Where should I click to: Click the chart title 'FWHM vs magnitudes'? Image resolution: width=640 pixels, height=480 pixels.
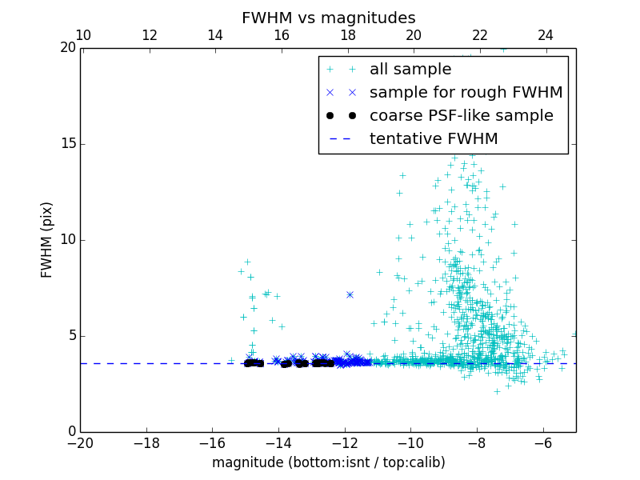pyautogui.click(x=328, y=18)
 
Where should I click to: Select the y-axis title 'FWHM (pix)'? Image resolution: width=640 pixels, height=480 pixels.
pyautogui.click(x=47, y=239)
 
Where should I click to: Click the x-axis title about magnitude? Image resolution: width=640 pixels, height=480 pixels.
pyautogui.click(x=328, y=462)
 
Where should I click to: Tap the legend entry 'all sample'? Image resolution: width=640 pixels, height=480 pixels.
pyautogui.click(x=410, y=70)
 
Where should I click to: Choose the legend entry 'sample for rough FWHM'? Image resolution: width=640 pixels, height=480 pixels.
pyautogui.click(x=466, y=93)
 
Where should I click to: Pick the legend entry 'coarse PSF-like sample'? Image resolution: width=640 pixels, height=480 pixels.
pyautogui.click(x=461, y=116)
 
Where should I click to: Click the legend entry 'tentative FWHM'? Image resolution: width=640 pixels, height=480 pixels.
pyautogui.click(x=434, y=139)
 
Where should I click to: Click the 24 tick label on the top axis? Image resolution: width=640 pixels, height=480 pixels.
pyautogui.click(x=546, y=35)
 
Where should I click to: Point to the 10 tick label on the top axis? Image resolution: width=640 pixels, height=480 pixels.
pyautogui.click(x=83, y=35)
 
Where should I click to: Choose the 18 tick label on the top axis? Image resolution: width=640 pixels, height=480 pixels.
pyautogui.click(x=347, y=35)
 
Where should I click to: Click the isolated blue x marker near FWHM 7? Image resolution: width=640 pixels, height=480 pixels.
pyautogui.click(x=350, y=294)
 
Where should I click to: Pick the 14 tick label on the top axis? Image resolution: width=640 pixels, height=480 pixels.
pyautogui.click(x=215, y=35)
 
